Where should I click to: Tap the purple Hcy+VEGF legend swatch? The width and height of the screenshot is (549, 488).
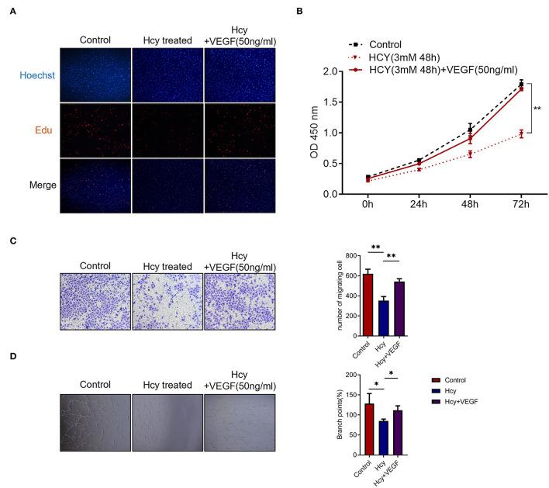tap(437, 403)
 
